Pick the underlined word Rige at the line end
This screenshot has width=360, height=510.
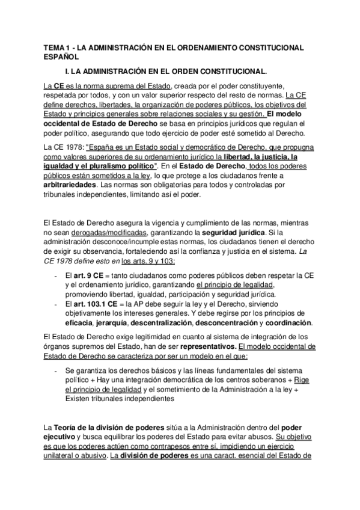(x=303, y=381)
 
